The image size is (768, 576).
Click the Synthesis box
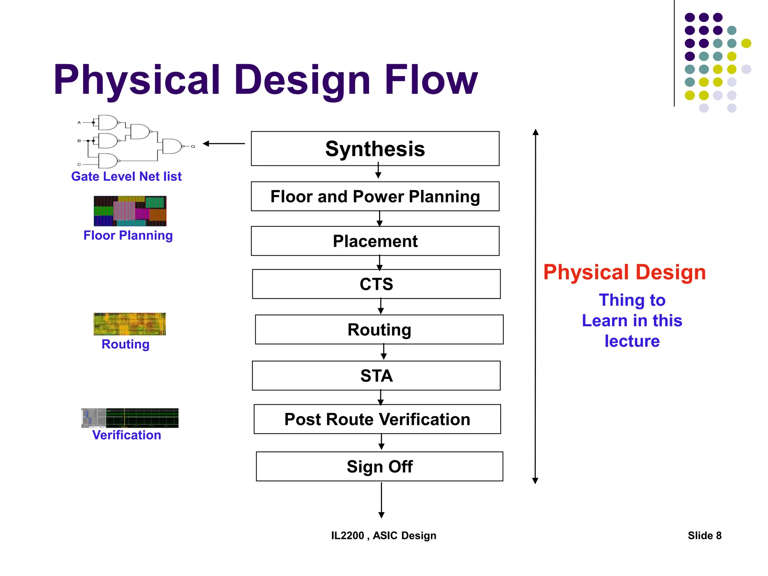click(375, 148)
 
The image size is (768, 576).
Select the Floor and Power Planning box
click(375, 196)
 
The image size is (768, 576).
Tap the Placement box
click(375, 241)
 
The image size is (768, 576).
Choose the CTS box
click(376, 284)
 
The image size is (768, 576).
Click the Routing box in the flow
click(379, 330)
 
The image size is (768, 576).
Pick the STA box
click(376, 375)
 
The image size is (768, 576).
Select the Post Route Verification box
click(377, 419)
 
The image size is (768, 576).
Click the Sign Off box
click(379, 466)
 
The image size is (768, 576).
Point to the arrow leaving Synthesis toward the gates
click(224, 143)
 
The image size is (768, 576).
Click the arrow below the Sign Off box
click(381, 500)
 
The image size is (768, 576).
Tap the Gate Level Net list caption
click(126, 176)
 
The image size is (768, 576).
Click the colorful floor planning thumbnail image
click(130, 211)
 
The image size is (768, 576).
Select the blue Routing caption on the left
click(125, 344)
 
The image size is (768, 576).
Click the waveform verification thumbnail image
click(130, 418)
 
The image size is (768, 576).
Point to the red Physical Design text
click(624, 272)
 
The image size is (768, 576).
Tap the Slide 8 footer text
click(704, 535)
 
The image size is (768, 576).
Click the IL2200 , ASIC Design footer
click(384, 535)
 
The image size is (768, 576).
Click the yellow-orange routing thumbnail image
click(130, 324)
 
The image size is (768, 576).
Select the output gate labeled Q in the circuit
click(172, 146)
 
